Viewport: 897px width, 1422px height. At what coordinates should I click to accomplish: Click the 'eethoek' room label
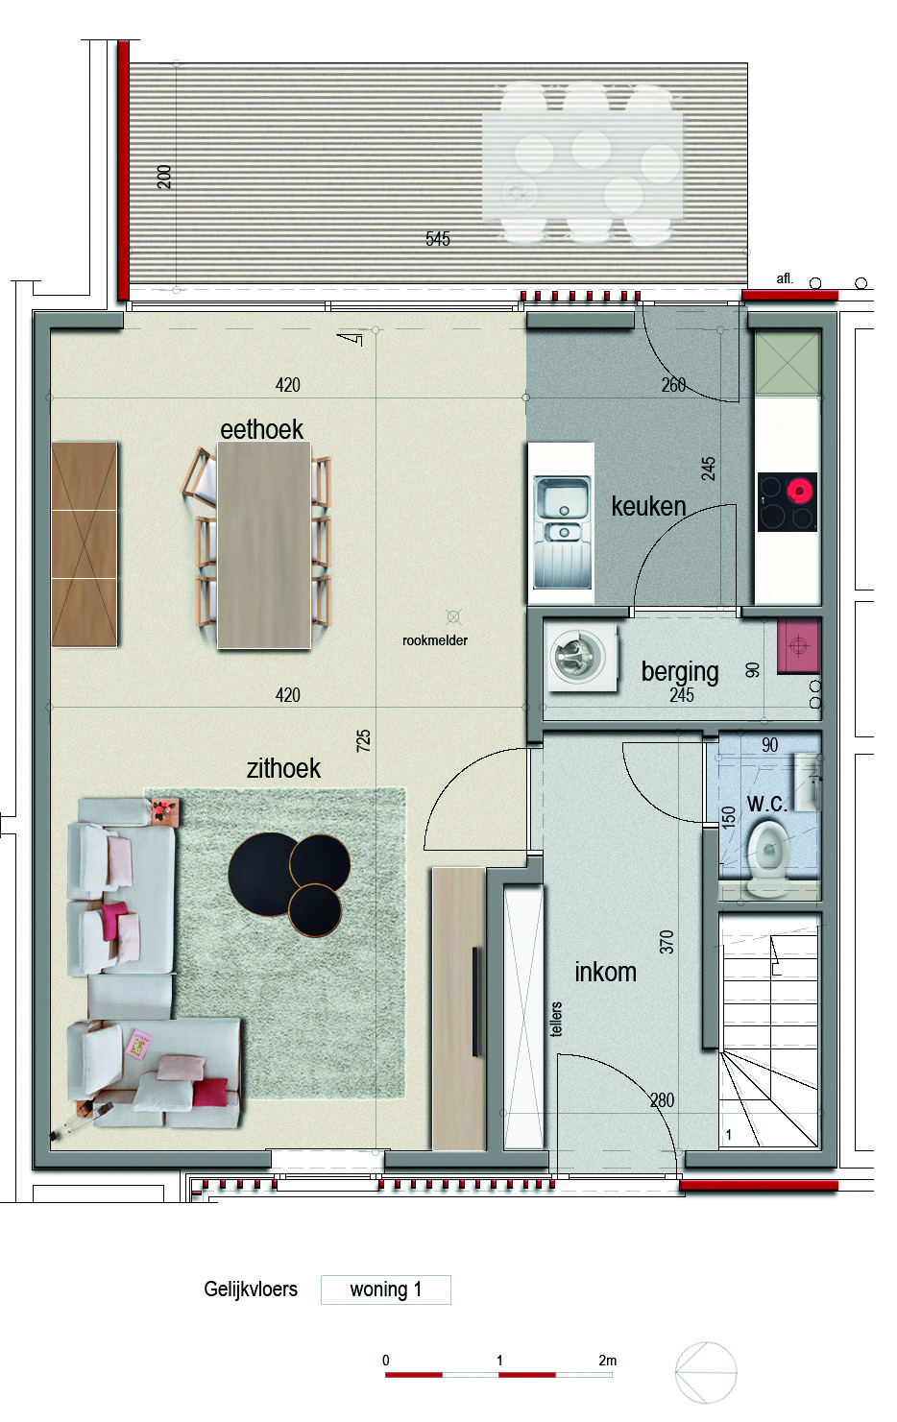point(261,430)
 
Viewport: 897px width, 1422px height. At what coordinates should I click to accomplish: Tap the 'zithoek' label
point(283,769)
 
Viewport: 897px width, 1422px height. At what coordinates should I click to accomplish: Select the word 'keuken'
point(648,507)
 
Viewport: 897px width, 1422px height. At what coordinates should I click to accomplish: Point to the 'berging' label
point(680,673)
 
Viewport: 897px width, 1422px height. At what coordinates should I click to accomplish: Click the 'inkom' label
point(605,972)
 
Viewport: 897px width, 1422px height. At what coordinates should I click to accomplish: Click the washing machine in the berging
point(582,657)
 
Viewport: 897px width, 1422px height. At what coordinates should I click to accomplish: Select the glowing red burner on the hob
point(800,491)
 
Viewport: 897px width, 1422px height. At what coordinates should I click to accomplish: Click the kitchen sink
point(563,532)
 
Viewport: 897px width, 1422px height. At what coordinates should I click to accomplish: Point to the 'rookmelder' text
point(435,640)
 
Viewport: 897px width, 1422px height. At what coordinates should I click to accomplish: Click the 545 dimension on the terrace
point(437,239)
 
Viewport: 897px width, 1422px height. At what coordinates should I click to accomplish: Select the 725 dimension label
point(363,741)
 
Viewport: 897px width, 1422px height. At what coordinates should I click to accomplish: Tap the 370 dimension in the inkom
point(666,942)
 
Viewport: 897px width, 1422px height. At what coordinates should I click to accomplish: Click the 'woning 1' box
point(386,1289)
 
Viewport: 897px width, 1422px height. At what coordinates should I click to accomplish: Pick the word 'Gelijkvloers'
point(251,1289)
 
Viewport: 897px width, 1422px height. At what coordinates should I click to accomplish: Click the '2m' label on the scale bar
point(608,1361)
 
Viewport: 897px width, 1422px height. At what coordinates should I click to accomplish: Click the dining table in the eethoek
point(264,545)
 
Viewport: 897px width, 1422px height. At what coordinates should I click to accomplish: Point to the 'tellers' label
point(556,1019)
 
